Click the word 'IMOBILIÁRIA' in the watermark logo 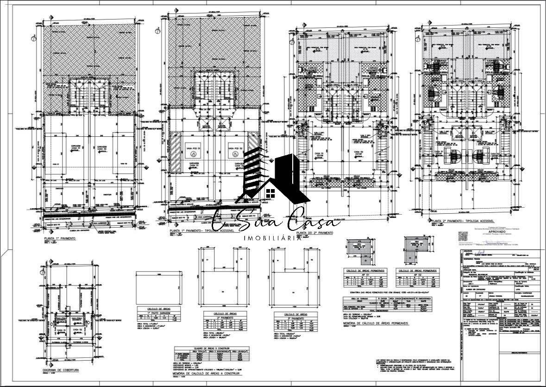273,238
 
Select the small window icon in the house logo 271,192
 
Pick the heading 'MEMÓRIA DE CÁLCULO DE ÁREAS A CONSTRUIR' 207,373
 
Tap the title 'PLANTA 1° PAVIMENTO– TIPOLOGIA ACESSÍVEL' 202,230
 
